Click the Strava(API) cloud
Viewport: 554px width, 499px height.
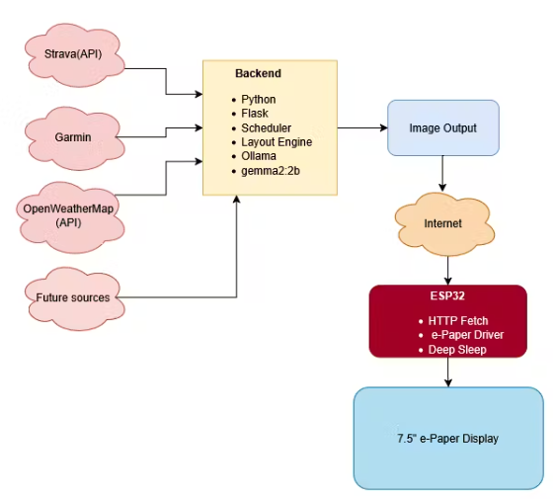[74, 54]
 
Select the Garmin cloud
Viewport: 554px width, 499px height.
[74, 138]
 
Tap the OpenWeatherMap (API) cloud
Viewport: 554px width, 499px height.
[70, 217]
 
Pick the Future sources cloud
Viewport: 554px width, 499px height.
[74, 298]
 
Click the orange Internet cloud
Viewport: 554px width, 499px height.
[444, 224]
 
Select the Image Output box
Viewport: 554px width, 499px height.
[443, 127]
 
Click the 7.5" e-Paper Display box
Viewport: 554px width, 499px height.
[448, 438]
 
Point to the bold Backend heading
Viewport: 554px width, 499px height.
[259, 73]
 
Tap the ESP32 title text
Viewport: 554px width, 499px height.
[447, 295]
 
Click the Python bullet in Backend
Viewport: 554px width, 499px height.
[259, 100]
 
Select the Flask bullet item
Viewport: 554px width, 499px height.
[255, 114]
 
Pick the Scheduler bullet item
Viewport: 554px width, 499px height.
[266, 127]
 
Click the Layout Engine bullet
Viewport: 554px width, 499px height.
[277, 142]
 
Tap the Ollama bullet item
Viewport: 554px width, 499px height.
[259, 156]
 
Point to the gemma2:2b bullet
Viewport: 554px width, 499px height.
[271, 171]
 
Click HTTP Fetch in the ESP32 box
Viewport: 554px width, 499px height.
[458, 321]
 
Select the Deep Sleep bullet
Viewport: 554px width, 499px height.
[457, 350]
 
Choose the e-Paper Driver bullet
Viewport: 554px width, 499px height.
[467, 335]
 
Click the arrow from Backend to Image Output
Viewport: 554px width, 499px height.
[362, 127]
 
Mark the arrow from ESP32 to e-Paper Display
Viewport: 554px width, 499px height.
[448, 373]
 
